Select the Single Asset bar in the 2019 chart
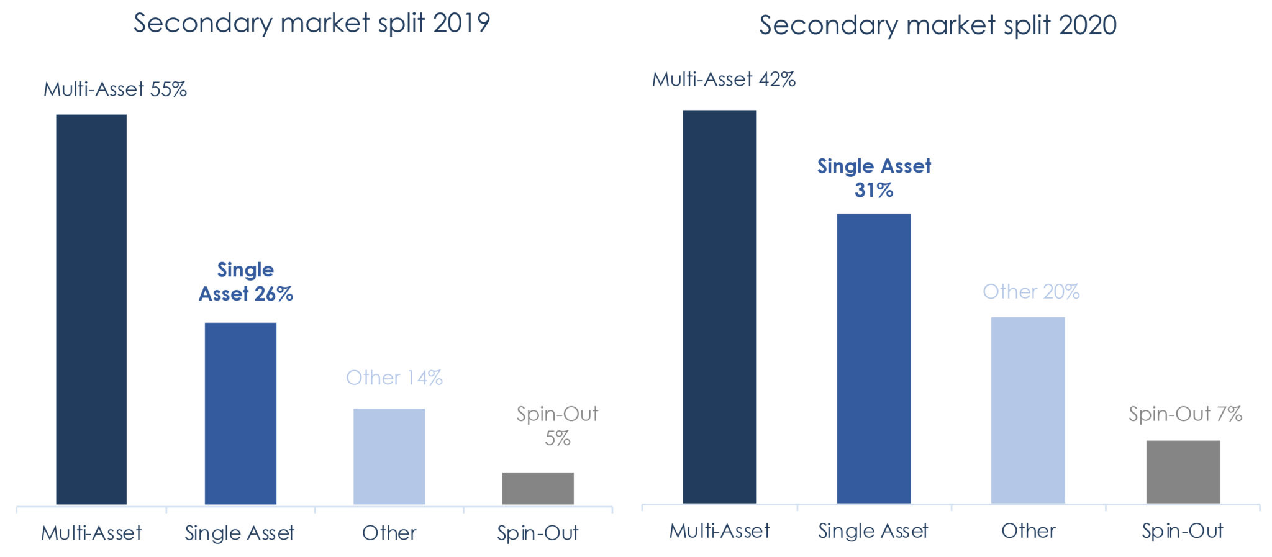[240, 413]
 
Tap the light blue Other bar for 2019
[389, 456]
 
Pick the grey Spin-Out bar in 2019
[538, 488]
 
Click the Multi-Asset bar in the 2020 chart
[719, 307]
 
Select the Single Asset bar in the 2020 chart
[873, 358]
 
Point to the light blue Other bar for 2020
[1028, 410]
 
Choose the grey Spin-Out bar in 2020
[1183, 472]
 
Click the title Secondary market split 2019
[312, 24]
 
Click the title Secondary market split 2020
[938, 25]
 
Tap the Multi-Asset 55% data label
[115, 89]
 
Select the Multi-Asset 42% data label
[724, 79]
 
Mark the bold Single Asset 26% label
[246, 282]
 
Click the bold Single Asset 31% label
[874, 178]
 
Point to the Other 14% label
[394, 378]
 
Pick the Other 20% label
[1031, 292]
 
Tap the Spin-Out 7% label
[1185, 414]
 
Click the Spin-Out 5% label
[557, 426]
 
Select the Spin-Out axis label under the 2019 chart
[538, 533]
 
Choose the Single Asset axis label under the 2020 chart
[873, 531]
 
